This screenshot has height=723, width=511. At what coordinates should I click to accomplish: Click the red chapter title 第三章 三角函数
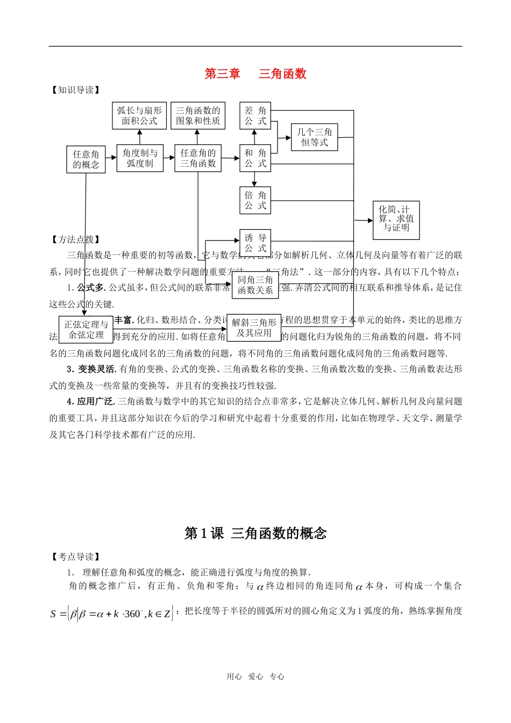[x=255, y=74]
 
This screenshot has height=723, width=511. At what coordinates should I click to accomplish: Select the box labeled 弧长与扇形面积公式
[x=139, y=116]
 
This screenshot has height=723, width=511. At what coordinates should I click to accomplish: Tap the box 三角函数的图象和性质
[x=198, y=116]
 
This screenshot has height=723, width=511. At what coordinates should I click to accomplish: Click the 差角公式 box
[x=255, y=116]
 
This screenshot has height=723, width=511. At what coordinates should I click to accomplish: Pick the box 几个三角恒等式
[x=314, y=137]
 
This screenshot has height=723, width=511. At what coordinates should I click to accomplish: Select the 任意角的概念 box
[x=86, y=159]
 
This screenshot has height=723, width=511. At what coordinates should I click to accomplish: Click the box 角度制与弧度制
[x=140, y=158]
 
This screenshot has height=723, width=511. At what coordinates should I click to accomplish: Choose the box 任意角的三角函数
[x=198, y=158]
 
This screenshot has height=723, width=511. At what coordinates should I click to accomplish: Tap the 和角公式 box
[x=255, y=158]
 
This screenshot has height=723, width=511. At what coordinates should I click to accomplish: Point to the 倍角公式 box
[x=255, y=200]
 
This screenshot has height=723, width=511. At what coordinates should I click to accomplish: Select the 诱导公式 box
[x=255, y=243]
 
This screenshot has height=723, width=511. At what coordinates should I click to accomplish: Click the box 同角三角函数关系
[x=255, y=285]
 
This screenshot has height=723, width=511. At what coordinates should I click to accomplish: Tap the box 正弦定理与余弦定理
[x=86, y=329]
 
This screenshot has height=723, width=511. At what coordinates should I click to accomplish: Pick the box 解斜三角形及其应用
[x=254, y=327]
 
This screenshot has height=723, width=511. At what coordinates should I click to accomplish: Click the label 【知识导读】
[x=75, y=90]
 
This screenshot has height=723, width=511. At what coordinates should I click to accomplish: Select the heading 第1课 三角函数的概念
[x=255, y=533]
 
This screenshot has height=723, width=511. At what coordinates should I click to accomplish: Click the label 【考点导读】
[x=75, y=557]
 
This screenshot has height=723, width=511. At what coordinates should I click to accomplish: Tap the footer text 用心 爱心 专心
[x=256, y=677]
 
